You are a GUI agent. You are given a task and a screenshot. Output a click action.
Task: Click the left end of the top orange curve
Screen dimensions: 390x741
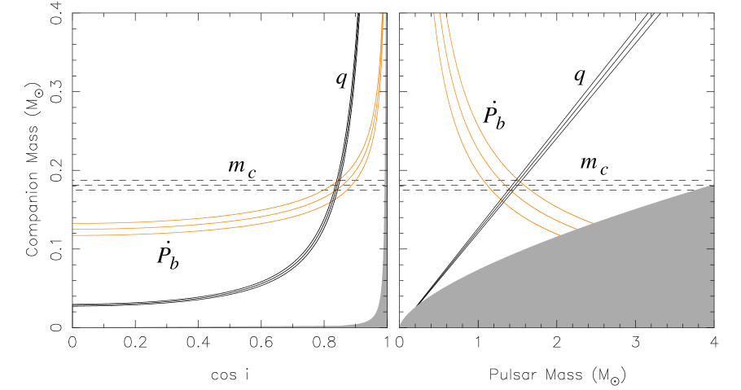(x=73, y=223)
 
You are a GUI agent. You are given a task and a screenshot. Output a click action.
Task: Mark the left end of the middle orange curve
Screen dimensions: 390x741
(x=73, y=229)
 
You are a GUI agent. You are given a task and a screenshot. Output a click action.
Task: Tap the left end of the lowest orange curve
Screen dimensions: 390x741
(x=73, y=235)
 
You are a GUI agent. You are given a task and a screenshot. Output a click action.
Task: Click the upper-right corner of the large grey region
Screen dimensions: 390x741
(x=713, y=185)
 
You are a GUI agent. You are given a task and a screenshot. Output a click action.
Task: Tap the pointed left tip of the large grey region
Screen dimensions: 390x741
(x=400, y=326)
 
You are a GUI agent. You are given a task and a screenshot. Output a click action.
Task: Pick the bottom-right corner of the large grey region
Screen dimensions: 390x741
(x=713, y=326)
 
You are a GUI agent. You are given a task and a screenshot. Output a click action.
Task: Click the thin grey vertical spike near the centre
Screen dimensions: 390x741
(x=384, y=244)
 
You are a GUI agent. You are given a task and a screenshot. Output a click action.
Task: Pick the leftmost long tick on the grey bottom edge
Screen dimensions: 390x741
(x=478, y=323)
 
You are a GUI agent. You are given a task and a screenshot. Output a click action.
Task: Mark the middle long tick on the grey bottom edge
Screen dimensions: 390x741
(x=556, y=323)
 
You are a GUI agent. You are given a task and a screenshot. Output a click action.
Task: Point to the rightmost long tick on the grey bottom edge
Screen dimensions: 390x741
(x=635, y=323)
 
